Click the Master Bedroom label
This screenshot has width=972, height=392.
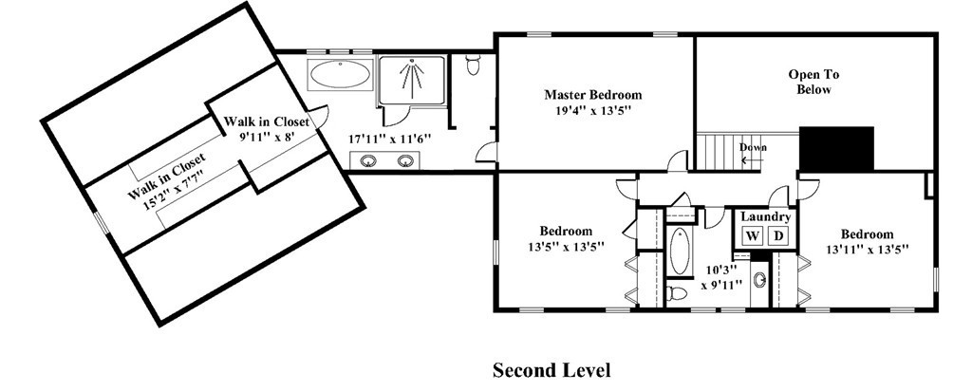tap(593, 95)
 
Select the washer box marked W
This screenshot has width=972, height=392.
tap(753, 235)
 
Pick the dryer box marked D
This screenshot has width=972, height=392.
tap(778, 235)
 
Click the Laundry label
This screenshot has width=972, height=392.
tap(766, 217)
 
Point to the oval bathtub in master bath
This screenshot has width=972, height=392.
tap(340, 75)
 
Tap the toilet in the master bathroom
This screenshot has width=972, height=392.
tap(474, 64)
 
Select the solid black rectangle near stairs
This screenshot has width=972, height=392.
tap(836, 148)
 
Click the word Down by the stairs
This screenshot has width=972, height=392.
tap(753, 148)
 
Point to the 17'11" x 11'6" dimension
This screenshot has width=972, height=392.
tap(389, 140)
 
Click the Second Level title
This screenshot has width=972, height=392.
tap(551, 370)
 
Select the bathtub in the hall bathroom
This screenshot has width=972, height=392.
tap(680, 251)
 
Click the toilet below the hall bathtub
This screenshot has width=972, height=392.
tap(678, 292)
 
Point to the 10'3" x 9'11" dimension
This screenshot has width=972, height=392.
tap(721, 277)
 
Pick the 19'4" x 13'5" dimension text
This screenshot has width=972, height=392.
tap(593, 112)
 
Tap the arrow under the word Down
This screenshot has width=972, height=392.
tap(752, 159)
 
